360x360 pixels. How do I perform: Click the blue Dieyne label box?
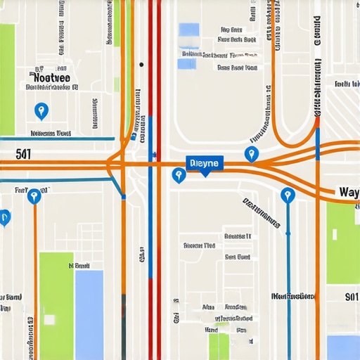pyautogui.click(x=205, y=163)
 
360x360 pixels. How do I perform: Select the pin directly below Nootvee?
pyautogui.click(x=41, y=110)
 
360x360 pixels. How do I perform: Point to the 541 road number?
pyautogui.click(x=22, y=153)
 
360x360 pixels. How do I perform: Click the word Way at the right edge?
pyautogui.click(x=348, y=192)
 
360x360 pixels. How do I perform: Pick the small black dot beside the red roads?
pyautogui.click(x=141, y=65)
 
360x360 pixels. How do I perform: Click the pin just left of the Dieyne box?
pyautogui.click(x=179, y=174)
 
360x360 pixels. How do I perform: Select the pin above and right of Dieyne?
pyautogui.click(x=251, y=154)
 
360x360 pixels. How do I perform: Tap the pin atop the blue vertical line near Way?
pyautogui.click(x=287, y=195)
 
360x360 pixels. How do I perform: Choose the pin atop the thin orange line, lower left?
pyautogui.click(x=33, y=195)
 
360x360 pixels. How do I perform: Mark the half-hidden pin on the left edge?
pyautogui.click(x=4, y=217)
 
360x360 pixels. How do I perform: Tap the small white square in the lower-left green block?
pyautogui.click(x=50, y=319)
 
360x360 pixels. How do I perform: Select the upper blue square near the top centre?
pyautogui.click(x=189, y=30)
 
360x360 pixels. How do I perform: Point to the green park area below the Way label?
pyautogui.click(x=343, y=243)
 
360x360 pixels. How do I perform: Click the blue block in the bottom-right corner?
pyautogui.click(x=343, y=347)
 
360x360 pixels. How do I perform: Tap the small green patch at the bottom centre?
pyautogui.click(x=219, y=346)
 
